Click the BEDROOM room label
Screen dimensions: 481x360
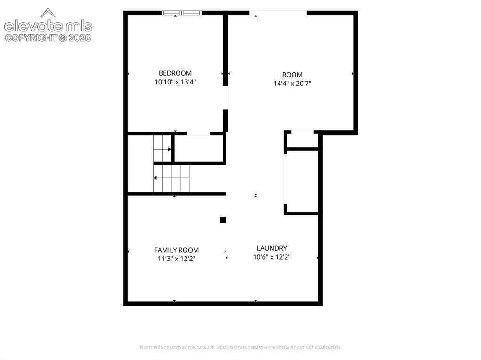(x=175, y=73)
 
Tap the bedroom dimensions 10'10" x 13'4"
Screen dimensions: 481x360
(x=175, y=82)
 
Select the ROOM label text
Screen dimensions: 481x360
(x=292, y=75)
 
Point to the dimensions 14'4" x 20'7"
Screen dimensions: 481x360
(x=292, y=84)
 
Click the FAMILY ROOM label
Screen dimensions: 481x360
(x=177, y=250)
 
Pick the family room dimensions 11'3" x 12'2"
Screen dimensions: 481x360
(x=177, y=259)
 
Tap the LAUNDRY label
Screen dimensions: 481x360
(x=272, y=248)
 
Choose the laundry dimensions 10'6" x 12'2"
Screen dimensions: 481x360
(x=272, y=257)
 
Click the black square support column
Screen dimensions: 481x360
(x=223, y=220)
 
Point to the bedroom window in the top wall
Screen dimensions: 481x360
(x=182, y=13)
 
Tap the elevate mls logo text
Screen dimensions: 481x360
(x=48, y=26)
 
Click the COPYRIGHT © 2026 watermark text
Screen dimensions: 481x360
(x=48, y=38)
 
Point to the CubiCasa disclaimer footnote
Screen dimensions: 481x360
(x=240, y=348)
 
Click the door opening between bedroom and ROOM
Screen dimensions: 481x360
(x=225, y=98)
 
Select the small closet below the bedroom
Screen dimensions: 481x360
(x=199, y=148)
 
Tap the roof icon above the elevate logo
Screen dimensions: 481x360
(x=48, y=13)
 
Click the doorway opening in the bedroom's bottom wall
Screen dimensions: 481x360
(x=199, y=134)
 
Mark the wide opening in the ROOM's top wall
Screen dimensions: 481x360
(x=278, y=13)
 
